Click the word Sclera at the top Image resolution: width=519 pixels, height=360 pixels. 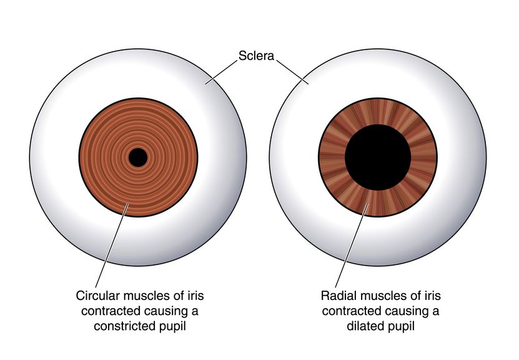click(256, 56)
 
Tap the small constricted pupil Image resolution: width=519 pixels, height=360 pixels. click(137, 157)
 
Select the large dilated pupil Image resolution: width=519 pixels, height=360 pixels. click(378, 157)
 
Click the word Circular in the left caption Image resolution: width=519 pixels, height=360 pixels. click(97, 296)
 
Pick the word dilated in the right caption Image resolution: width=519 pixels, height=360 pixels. click(363, 326)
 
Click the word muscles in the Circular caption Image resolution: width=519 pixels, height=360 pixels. click(145, 296)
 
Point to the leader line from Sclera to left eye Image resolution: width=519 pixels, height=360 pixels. click(221, 72)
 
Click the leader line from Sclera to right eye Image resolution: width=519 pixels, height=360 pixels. click(292, 72)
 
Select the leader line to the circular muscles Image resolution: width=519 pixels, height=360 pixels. click(112, 246)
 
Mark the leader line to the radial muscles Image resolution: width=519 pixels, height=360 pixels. click(352, 246)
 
